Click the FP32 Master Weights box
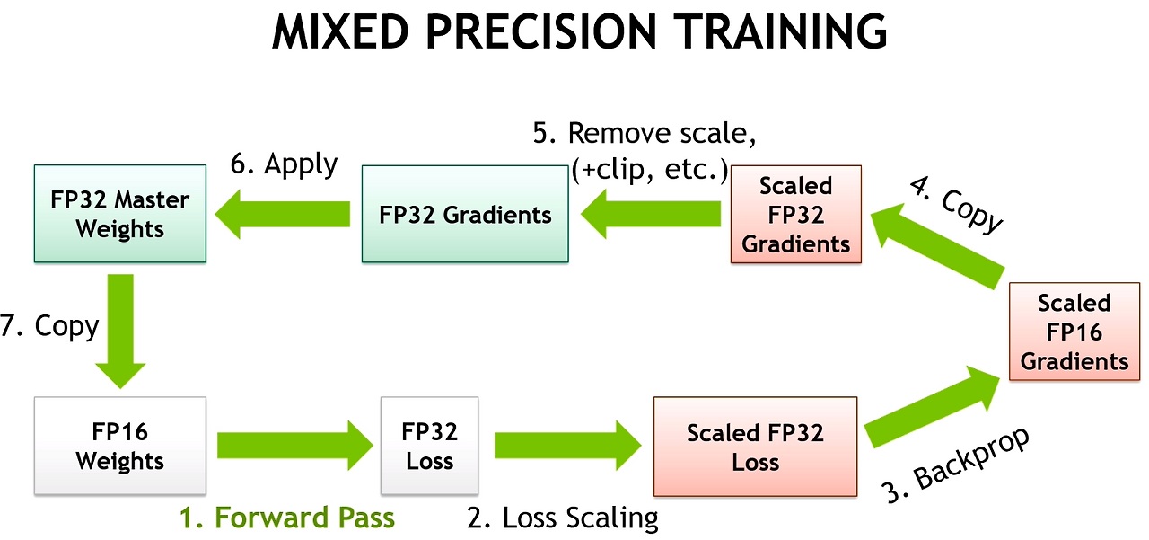point(119,214)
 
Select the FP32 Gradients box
point(465,214)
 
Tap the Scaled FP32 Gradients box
point(795,215)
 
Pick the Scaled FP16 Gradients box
point(1074,332)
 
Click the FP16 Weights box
point(119,446)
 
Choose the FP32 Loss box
point(429,446)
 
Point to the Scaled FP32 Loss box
point(755,447)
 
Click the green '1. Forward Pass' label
point(287,518)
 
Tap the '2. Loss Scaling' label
point(563,518)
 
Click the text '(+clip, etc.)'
point(649,169)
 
